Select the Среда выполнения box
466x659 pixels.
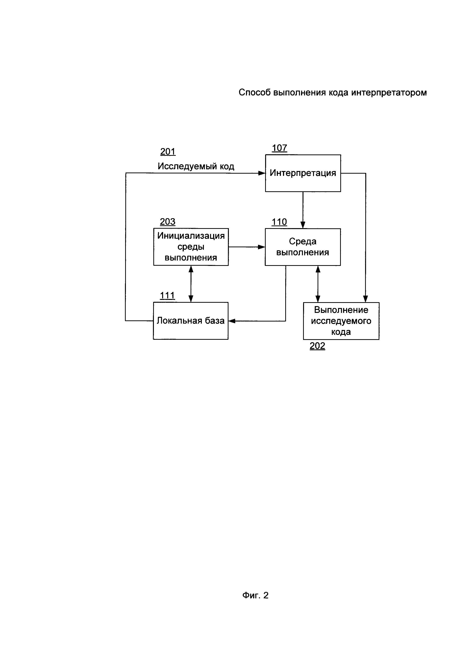pos(303,247)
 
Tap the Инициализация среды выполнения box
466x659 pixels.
pos(191,247)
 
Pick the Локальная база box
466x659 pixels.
pos(191,321)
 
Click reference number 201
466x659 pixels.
pos(168,151)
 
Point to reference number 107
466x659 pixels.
pos(279,148)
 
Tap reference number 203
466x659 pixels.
pos(168,222)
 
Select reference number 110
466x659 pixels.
pos(279,222)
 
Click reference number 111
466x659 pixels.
pos(167,295)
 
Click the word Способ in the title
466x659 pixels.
pos(255,92)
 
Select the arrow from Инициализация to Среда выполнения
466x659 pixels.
pos(247,247)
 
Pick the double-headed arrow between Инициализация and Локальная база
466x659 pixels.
pos(191,284)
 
